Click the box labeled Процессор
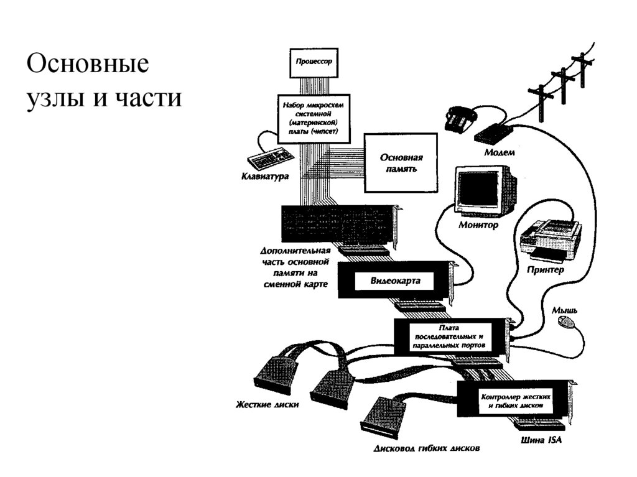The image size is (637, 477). tap(314, 63)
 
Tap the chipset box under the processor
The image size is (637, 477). tap(314, 118)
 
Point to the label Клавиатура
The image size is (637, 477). tap(265, 177)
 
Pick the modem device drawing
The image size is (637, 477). tap(493, 132)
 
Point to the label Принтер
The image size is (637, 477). tap(545, 271)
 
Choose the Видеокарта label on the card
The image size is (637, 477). tap(395, 281)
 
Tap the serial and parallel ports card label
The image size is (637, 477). tap(452, 336)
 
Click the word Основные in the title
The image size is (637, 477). tap(88, 65)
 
